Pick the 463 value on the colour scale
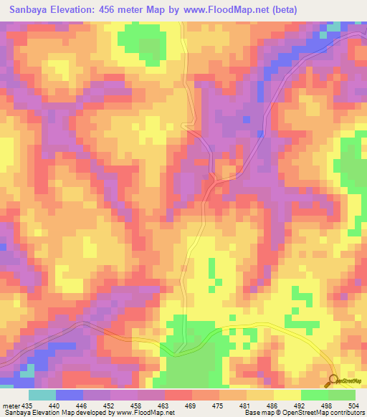[165, 405]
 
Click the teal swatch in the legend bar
[42, 395]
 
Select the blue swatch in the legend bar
[70, 395]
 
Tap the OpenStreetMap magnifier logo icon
[333, 380]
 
